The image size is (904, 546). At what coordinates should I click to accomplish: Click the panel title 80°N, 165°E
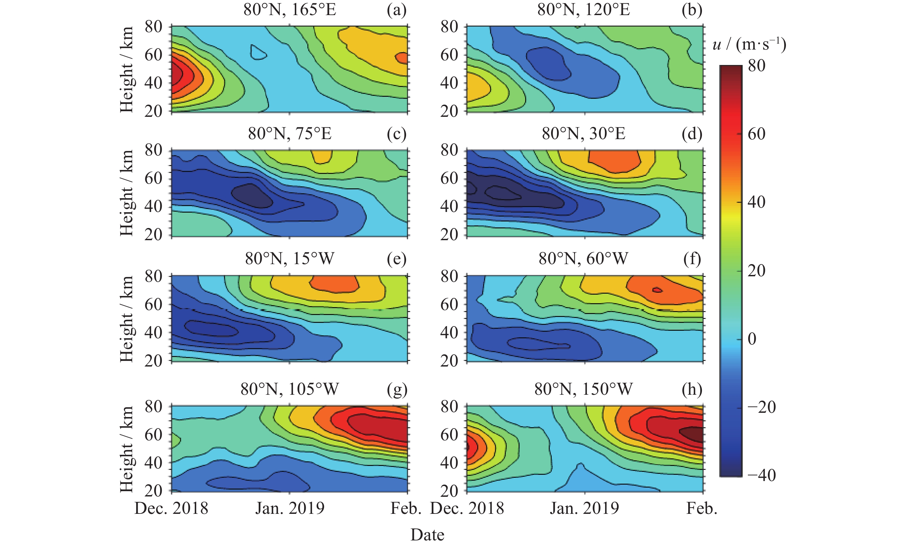pyautogui.click(x=290, y=10)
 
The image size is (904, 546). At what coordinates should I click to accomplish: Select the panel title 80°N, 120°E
pyautogui.click(x=583, y=10)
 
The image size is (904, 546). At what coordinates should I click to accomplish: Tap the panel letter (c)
pyautogui.click(x=397, y=134)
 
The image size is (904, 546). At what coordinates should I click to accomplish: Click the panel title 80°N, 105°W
pyautogui.click(x=290, y=389)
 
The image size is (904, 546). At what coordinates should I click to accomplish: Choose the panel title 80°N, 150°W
pyautogui.click(x=583, y=389)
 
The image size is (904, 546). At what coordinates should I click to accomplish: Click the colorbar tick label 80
pyautogui.click(x=756, y=66)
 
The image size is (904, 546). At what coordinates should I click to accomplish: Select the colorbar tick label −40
pyautogui.click(x=762, y=475)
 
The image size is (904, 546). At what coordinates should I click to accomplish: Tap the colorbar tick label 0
pyautogui.click(x=752, y=339)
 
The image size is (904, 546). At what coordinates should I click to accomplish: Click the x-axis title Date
pyautogui.click(x=427, y=535)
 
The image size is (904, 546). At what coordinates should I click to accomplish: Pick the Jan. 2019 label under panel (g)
pyautogui.click(x=290, y=509)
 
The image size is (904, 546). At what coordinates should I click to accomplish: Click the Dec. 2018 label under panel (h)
pyautogui.click(x=467, y=509)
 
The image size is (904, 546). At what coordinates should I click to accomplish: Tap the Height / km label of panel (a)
pyautogui.click(x=127, y=69)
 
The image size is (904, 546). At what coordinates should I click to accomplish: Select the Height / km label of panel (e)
pyautogui.click(x=127, y=319)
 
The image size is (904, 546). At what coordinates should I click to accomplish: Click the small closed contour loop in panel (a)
pyautogui.click(x=258, y=53)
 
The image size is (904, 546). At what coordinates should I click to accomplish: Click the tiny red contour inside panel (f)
pyautogui.click(x=657, y=290)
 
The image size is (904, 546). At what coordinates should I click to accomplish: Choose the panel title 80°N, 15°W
pyautogui.click(x=290, y=259)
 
